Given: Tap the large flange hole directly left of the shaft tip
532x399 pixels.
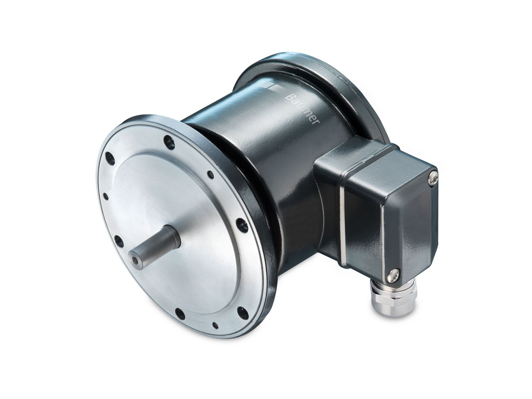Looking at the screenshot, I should pyautogui.click(x=119, y=241).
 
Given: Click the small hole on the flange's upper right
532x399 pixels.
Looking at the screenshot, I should pyautogui.click(x=210, y=174).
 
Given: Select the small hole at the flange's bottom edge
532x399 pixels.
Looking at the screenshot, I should pyautogui.click(x=215, y=325).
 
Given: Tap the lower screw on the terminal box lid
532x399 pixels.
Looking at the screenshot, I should pyautogui.click(x=392, y=274).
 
